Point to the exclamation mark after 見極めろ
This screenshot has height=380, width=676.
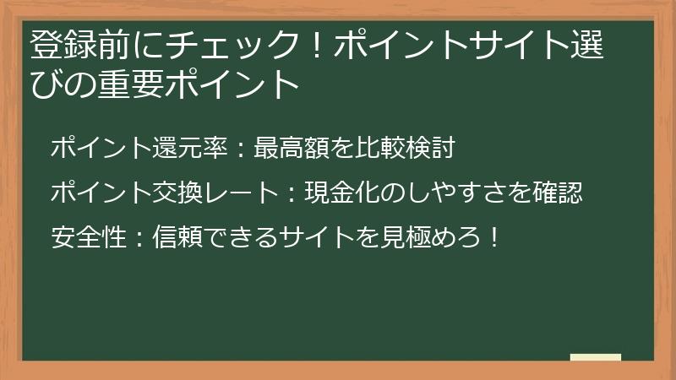tap(494, 236)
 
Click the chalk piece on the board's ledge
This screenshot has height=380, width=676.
tap(595, 357)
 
